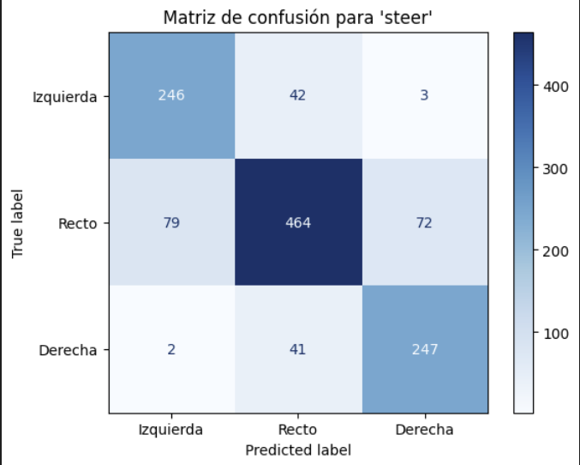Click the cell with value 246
click(171, 95)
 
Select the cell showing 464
click(298, 222)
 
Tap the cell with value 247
click(426, 349)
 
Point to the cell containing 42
click(298, 95)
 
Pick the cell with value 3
click(426, 95)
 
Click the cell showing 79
click(171, 222)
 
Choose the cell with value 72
click(426, 222)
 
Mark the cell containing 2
click(171, 349)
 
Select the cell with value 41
click(298, 349)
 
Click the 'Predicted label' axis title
click(298, 449)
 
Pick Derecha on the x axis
click(426, 429)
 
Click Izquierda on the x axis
click(171, 429)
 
